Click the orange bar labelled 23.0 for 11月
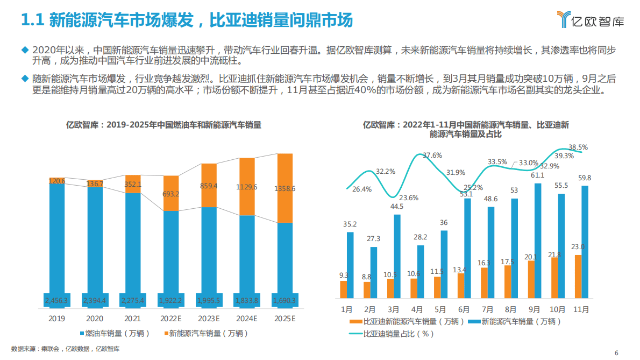click(578, 277)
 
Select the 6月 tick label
click(464, 310)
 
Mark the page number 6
click(616, 352)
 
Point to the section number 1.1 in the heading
click(31, 20)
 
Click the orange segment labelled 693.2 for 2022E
click(171, 193)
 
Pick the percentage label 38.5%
click(578, 147)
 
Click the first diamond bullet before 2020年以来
click(24, 50)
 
